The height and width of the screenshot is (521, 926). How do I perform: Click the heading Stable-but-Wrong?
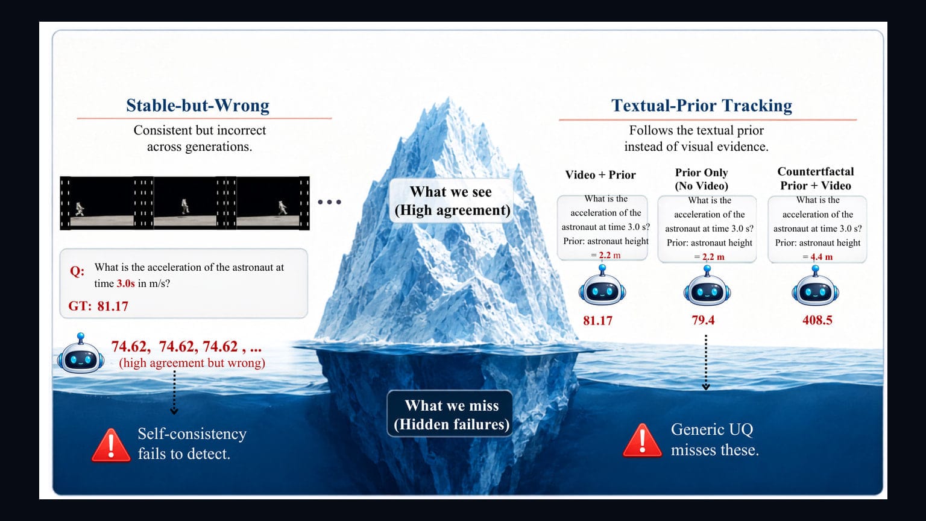click(x=198, y=106)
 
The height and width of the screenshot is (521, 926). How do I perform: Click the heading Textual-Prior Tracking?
click(x=702, y=106)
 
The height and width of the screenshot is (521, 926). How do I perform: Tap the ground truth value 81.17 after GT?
click(x=113, y=306)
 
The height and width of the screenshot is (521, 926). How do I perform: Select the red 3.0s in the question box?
click(x=125, y=283)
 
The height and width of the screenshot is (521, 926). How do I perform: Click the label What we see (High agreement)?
click(x=452, y=201)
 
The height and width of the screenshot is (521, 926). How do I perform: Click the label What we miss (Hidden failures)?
click(x=452, y=415)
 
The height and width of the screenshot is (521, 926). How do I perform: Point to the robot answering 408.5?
click(x=815, y=286)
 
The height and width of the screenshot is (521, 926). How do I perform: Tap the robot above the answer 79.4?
click(x=707, y=286)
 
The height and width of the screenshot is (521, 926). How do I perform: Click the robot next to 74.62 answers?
click(x=81, y=353)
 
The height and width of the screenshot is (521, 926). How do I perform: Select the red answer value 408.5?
click(x=817, y=320)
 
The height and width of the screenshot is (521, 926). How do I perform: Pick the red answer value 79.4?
click(x=703, y=320)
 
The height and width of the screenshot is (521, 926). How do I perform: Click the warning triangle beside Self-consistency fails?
click(x=111, y=446)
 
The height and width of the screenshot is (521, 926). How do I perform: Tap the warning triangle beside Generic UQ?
click(x=642, y=441)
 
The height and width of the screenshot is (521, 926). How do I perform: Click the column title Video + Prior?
click(x=600, y=175)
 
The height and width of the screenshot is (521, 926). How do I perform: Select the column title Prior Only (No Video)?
click(x=702, y=179)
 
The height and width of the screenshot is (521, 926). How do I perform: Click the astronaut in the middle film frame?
click(x=185, y=206)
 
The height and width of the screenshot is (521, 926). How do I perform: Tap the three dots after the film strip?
click(x=330, y=202)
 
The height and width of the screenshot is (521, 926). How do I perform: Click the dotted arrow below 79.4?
click(x=706, y=362)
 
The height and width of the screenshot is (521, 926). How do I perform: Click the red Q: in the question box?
click(x=77, y=271)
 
